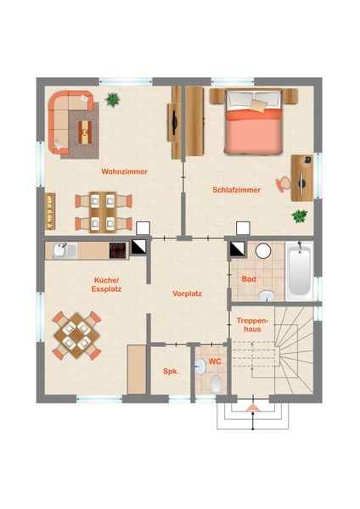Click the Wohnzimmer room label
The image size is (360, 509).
click(x=125, y=171)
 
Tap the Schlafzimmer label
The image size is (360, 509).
click(x=237, y=190)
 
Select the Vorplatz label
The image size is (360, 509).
click(x=187, y=294)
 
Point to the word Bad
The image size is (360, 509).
click(x=249, y=279)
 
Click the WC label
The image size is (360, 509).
click(x=215, y=361)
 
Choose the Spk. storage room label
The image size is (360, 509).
click(x=171, y=372)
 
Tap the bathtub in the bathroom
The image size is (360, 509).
click(x=299, y=271)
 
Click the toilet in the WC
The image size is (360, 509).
click(x=216, y=384)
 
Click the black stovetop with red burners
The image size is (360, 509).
click(x=118, y=250)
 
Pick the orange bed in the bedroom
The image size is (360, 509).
click(x=253, y=121)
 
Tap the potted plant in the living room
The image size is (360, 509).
click(x=112, y=99)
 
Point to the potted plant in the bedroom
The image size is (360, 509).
click(x=299, y=216)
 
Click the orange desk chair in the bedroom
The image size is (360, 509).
click(x=283, y=184)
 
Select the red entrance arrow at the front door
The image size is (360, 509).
click(x=252, y=408)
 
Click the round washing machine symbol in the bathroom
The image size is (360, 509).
click(x=263, y=251)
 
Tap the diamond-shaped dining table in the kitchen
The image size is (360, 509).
click(x=76, y=335)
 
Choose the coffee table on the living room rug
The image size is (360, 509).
click(x=85, y=132)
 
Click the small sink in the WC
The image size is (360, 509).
click(x=200, y=366)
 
